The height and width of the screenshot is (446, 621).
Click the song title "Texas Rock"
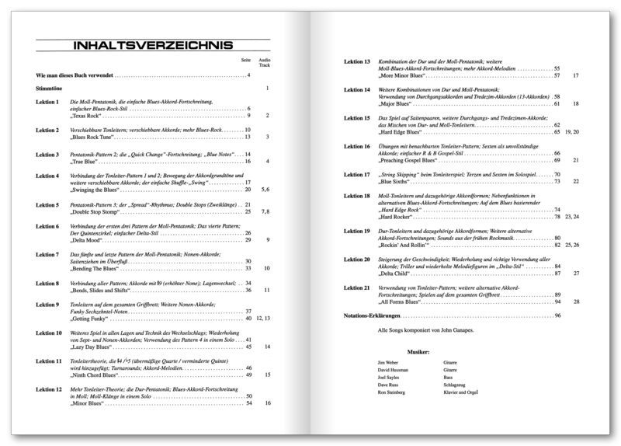click(88, 116)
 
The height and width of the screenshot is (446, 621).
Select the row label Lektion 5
click(47, 204)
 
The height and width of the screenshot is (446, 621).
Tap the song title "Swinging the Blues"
click(96, 190)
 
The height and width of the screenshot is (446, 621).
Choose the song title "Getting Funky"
click(90, 319)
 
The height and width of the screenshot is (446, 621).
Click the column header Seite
click(246, 60)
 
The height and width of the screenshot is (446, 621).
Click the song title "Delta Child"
click(396, 274)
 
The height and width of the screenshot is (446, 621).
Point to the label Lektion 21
click(356, 287)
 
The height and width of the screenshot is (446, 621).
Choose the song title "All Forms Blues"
click(402, 301)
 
